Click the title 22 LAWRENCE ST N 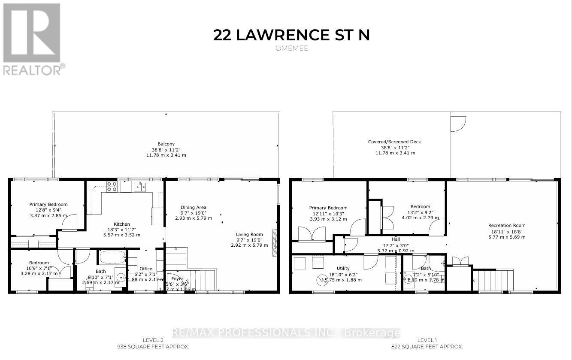pyautogui.click(x=291, y=35)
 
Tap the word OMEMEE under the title pyautogui.click(x=291, y=48)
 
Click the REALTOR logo pyautogui.click(x=32, y=39)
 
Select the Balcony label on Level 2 pyautogui.click(x=166, y=144)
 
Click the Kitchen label pyautogui.click(x=121, y=224)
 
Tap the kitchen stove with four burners pyautogui.click(x=112, y=187)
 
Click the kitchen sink pyautogui.click(x=139, y=186)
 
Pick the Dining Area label pyautogui.click(x=193, y=208)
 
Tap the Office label pyautogui.click(x=146, y=269)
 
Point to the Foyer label pyautogui.click(x=177, y=279)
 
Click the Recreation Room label pyautogui.click(x=506, y=226)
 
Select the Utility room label pyautogui.click(x=343, y=269)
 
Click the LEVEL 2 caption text pyautogui.click(x=153, y=340)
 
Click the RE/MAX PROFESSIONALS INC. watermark pyautogui.click(x=286, y=333)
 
